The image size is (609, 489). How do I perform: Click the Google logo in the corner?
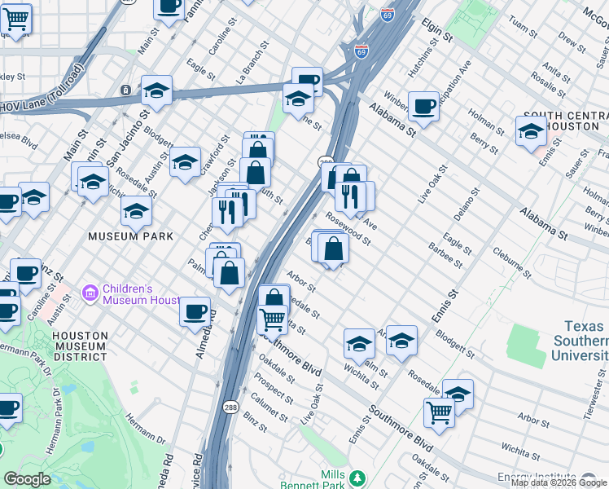pos(27,479)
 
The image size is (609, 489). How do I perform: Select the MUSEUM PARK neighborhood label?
pos(132,236)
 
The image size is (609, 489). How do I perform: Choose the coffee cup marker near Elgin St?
pos(423,105)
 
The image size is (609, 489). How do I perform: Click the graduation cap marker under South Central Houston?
pos(531,130)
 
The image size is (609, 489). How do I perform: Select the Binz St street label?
pos(256,424)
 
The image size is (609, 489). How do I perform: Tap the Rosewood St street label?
pos(348,229)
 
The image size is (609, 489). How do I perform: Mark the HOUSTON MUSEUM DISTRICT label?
pos(79,346)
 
